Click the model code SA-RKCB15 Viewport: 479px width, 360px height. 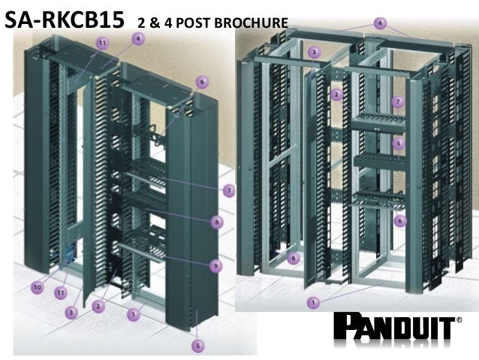tap(65, 20)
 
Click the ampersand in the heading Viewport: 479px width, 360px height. tap(154, 23)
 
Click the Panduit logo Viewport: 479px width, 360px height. tap(394, 328)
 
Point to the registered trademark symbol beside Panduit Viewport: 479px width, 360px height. tap(459, 320)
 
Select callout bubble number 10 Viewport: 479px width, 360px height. tap(38, 288)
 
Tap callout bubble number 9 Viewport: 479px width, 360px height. tap(215, 266)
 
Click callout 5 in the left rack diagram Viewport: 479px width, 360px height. tap(197, 346)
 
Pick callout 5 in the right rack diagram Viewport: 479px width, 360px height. tap(399, 143)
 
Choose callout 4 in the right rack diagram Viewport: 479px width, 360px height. tap(380, 23)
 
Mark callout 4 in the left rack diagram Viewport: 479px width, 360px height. tap(138, 39)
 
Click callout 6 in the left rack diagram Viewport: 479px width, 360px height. tap(202, 82)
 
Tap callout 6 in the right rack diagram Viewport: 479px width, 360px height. tap(400, 220)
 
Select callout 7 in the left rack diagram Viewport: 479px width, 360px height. tap(228, 191)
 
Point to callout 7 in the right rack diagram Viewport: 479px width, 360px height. tap(398, 101)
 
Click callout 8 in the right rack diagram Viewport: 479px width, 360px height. tap(294, 259)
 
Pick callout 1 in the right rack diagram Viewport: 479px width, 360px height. tap(313, 302)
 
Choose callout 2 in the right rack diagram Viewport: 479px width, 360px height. tap(336, 95)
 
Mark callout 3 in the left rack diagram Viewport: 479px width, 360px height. tap(71, 313)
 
